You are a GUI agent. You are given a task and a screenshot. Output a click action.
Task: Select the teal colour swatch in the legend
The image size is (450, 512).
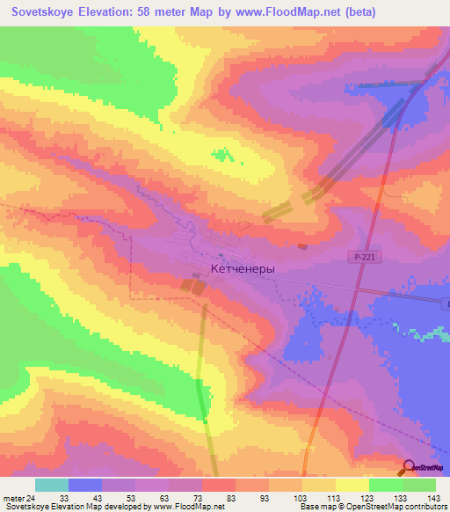(x=52, y=485)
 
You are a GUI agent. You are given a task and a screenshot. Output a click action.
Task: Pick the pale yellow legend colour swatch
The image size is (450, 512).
(x=352, y=485)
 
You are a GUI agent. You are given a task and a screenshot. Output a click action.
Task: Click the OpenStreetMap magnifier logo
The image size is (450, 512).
(x=408, y=468)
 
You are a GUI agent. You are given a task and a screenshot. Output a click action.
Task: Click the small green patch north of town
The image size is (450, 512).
(x=224, y=156)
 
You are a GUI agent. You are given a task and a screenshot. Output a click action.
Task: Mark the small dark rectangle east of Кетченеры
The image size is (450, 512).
(x=302, y=247)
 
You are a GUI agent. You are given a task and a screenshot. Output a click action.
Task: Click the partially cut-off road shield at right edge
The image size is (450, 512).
(x=446, y=304)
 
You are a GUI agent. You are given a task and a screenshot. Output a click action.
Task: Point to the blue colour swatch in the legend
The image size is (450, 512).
(x=85, y=485)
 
